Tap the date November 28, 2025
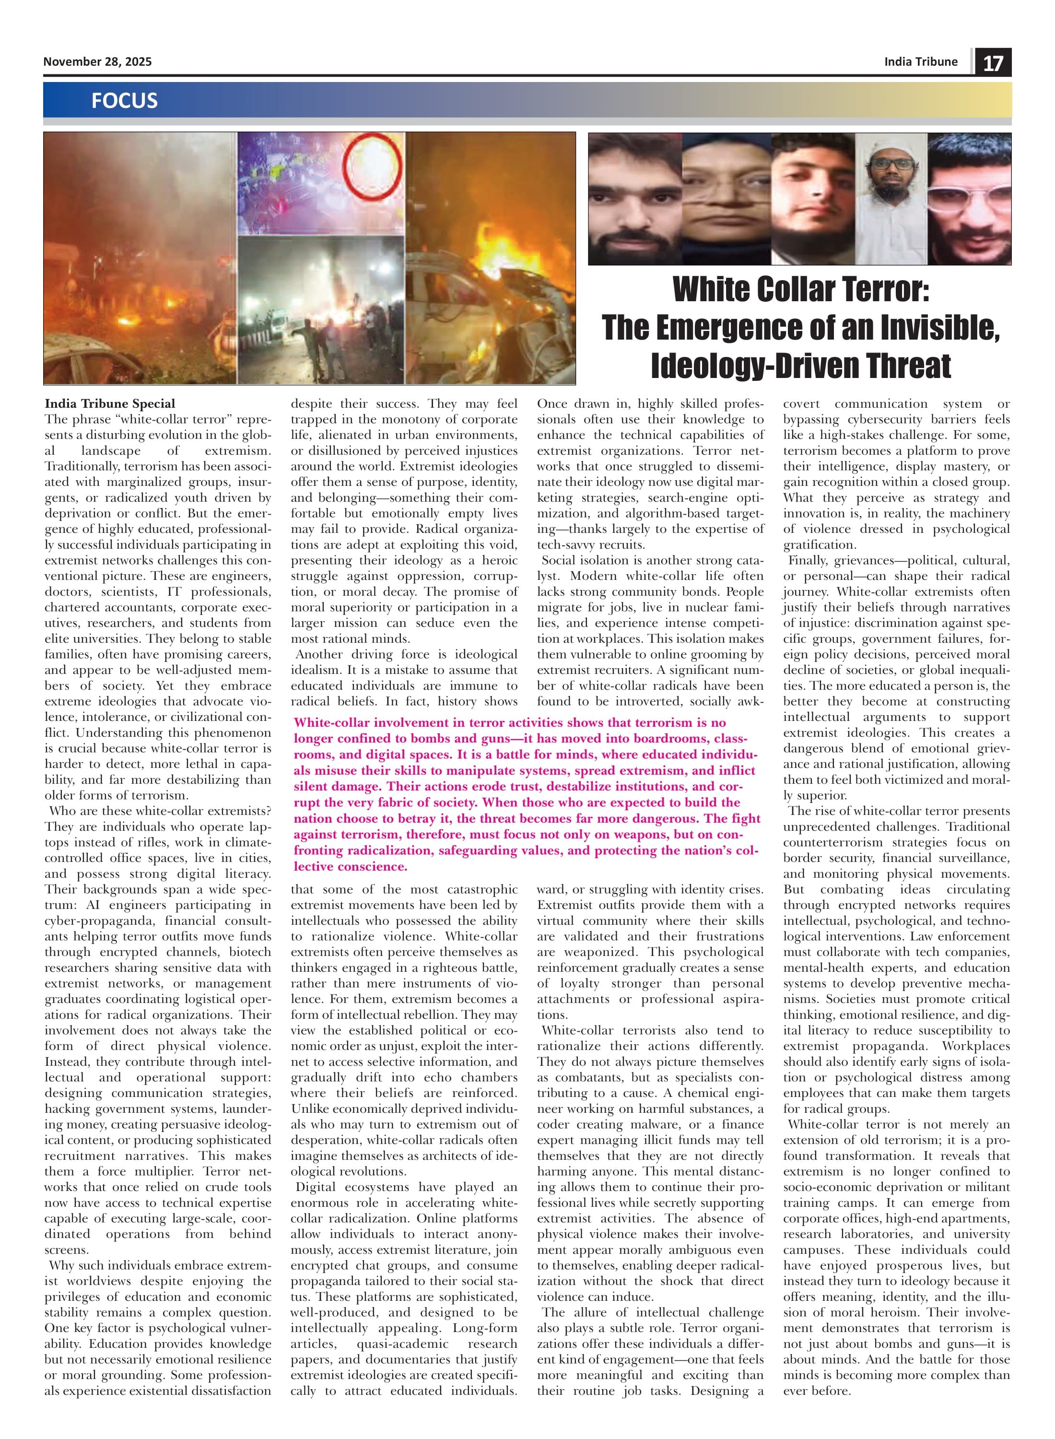[97, 61]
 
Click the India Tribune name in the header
[920, 61]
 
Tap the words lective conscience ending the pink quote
[350, 866]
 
